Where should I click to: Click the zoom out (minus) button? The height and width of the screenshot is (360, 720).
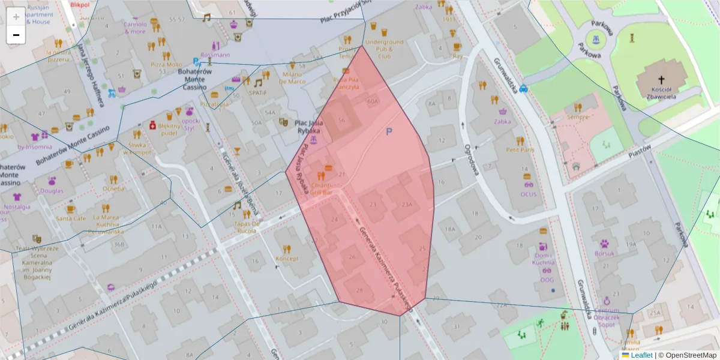pos(16,35)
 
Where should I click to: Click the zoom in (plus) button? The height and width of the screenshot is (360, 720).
pos(16,17)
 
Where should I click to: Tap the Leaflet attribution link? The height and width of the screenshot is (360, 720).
pos(641,355)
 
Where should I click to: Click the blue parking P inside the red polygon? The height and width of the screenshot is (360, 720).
pos(389,131)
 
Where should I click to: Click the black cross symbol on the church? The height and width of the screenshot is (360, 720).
pos(662,79)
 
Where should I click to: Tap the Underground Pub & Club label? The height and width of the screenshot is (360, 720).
pos(384,49)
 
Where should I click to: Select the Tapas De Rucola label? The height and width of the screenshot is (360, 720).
pos(247,227)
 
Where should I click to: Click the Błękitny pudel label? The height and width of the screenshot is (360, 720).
pos(169,130)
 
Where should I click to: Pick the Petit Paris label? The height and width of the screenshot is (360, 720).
pos(520,149)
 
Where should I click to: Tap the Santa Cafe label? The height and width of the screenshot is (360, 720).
pos(71,218)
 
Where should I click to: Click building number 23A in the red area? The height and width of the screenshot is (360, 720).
pos(407,205)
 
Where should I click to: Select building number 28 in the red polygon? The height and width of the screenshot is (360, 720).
pos(359,290)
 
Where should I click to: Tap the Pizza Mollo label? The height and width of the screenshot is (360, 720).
pos(166,64)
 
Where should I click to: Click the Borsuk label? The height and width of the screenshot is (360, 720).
pos(604,253)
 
